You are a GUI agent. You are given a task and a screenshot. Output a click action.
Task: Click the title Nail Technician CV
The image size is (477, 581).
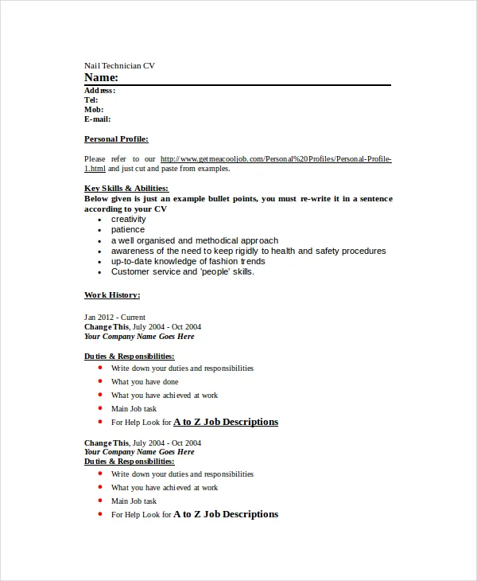tap(119, 65)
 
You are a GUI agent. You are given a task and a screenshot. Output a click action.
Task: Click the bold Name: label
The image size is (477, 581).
tap(101, 77)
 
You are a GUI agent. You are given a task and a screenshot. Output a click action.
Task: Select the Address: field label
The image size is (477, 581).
tap(99, 91)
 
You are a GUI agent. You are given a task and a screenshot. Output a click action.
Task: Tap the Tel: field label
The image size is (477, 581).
tap(91, 100)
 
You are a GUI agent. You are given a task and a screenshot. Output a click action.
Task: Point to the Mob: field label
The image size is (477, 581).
tap(93, 110)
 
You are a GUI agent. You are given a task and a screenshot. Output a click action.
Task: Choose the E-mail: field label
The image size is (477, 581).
tap(97, 119)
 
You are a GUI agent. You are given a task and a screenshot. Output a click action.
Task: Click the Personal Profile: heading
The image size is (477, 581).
tap(116, 138)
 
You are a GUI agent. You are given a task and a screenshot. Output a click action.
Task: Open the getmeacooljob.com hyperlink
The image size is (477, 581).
tap(275, 159)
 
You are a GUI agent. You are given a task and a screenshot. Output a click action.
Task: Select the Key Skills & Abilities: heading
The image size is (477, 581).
tap(126, 189)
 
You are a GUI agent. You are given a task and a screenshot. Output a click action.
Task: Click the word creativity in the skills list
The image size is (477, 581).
tap(128, 219)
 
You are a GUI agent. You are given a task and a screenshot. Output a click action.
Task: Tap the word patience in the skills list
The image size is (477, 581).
tap(127, 229)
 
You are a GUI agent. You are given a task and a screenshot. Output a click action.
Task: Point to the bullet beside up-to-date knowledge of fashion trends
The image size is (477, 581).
tap(99, 262)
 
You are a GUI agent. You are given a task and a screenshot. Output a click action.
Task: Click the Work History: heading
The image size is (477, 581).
tap(112, 294)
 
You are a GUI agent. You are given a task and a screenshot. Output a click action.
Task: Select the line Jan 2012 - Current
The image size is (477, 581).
tap(114, 317)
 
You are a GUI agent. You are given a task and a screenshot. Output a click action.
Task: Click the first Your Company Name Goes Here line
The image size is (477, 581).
tap(139, 336)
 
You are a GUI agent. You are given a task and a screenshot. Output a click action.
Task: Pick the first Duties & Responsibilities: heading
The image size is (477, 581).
tap(129, 357)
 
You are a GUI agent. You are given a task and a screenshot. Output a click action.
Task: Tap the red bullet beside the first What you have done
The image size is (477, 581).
tap(100, 381)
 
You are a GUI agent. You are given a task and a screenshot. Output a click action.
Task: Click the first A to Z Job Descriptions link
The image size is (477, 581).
tap(226, 422)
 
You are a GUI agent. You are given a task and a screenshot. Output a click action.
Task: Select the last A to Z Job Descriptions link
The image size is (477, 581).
tap(226, 514)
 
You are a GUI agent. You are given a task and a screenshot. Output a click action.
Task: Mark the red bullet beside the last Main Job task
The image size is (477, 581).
tap(100, 501)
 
